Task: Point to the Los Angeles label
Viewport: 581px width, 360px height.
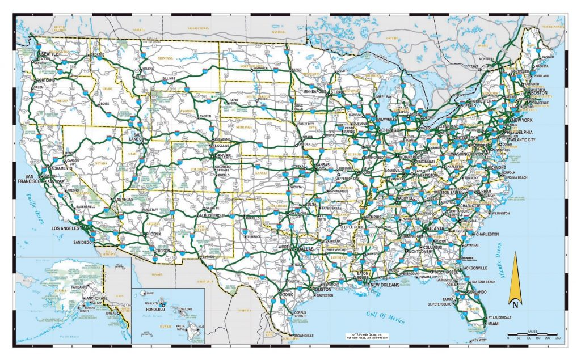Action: pyautogui.click(x=67, y=228)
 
